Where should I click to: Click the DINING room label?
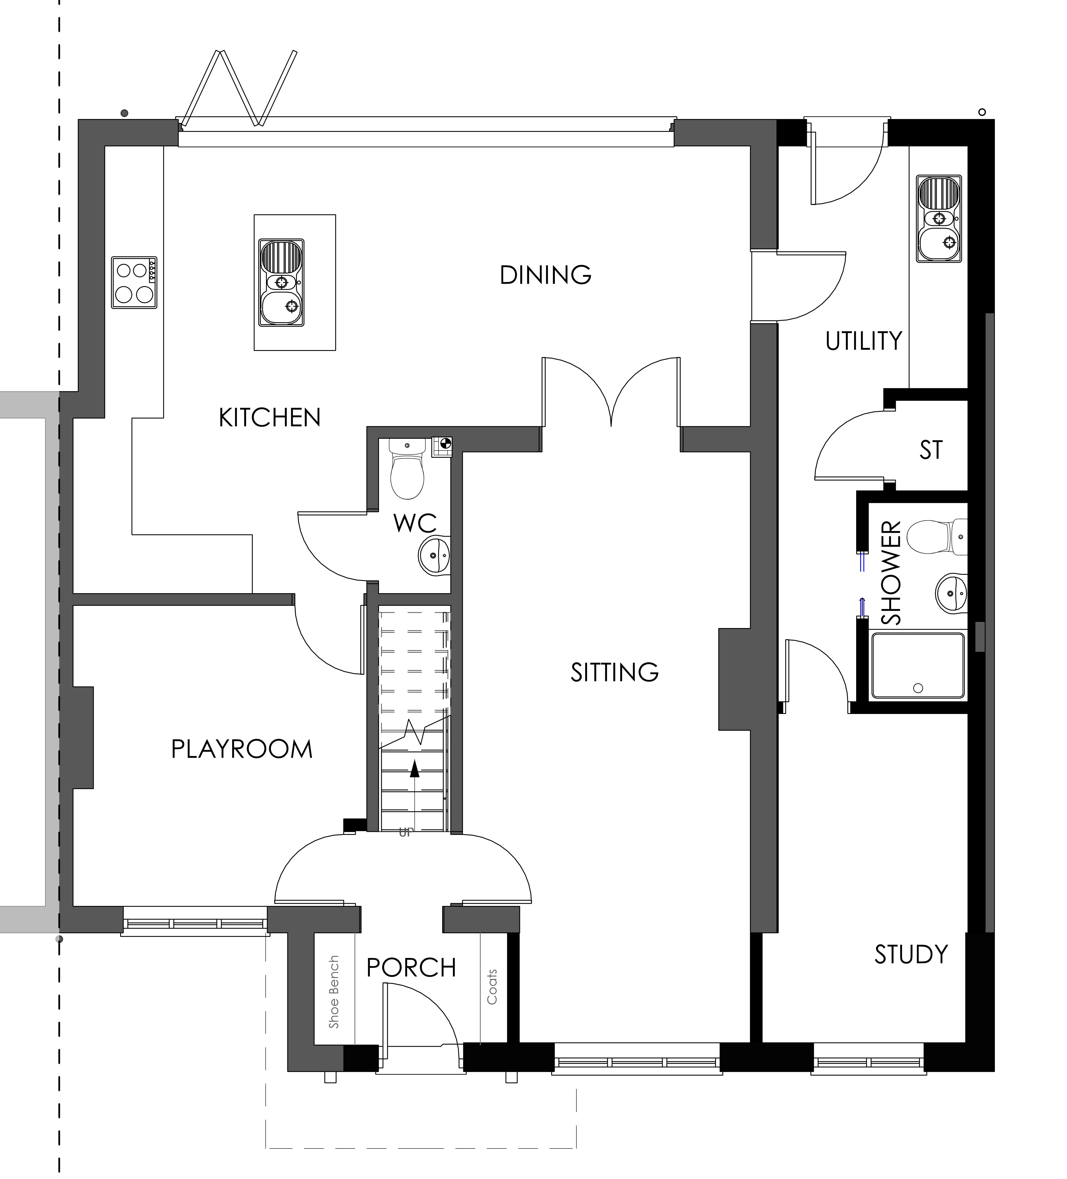coord(545,275)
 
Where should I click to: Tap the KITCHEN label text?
coord(270,417)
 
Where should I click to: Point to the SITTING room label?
coord(614,673)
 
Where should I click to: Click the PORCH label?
coord(411,968)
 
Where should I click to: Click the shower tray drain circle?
coord(918,688)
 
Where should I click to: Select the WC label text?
coord(415,523)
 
